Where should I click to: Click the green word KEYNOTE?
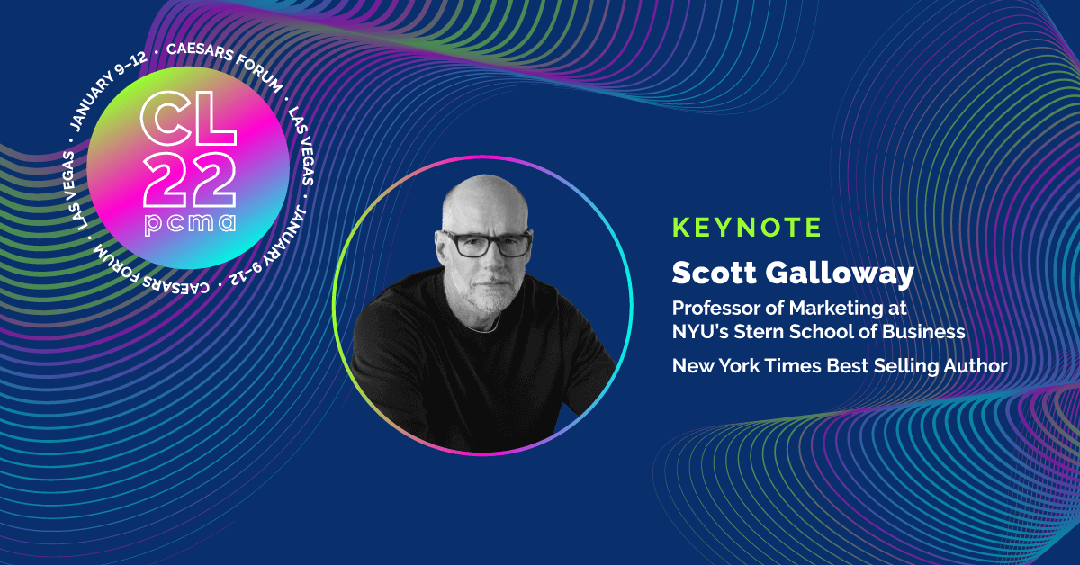coord(746,227)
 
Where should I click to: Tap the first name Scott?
coord(715,273)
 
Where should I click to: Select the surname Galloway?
coord(840,274)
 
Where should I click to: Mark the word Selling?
coord(906,367)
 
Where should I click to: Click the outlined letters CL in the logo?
coord(188,119)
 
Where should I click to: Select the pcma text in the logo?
coord(191,224)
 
